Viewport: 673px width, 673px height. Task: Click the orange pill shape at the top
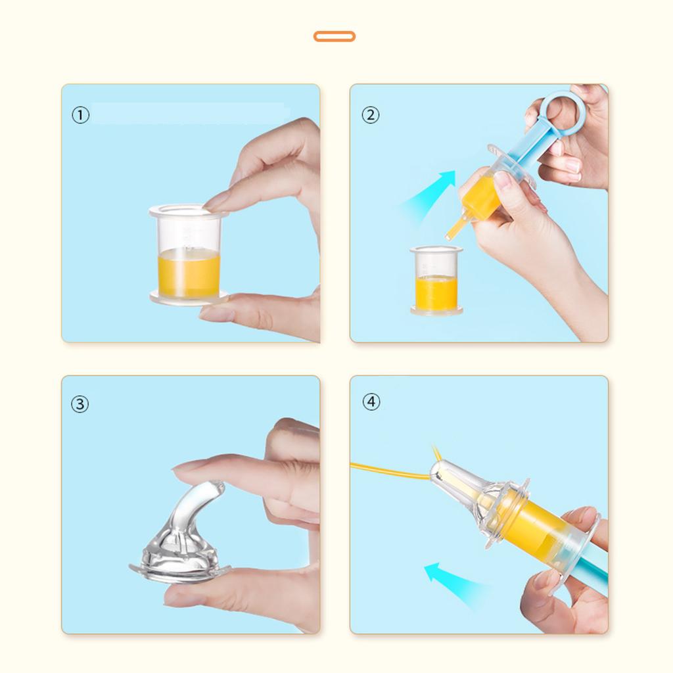point(335,37)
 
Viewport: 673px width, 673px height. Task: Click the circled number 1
point(80,115)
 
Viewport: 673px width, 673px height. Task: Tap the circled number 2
point(371,115)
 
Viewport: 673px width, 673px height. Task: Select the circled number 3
point(80,404)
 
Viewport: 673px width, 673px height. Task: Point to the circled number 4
point(371,402)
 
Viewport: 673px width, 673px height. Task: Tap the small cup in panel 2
point(436,281)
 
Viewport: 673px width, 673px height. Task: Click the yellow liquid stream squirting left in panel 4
point(390,469)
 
